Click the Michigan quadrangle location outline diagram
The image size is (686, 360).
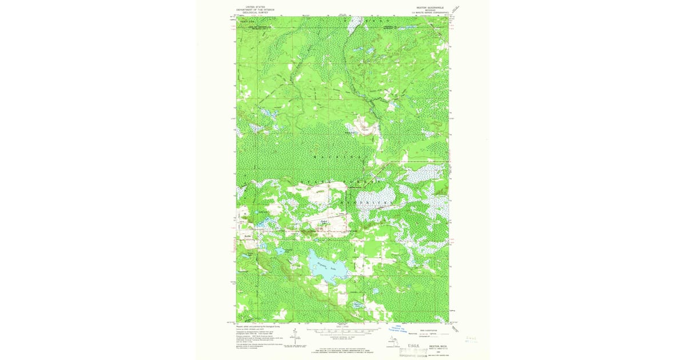click(x=393, y=343)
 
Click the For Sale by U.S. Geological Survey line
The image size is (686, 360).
click(x=342, y=349)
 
